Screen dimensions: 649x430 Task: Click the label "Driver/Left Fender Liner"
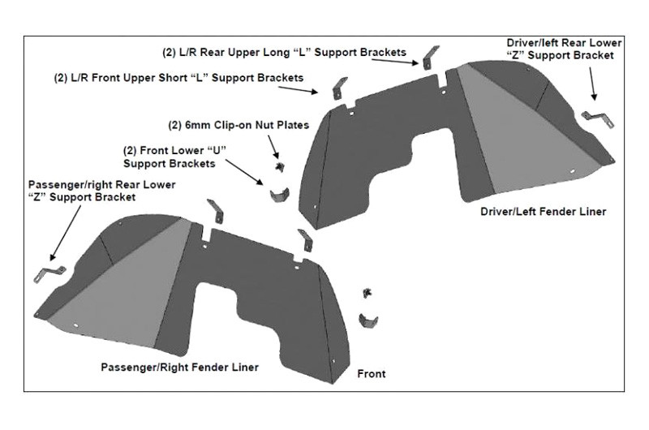pyautogui.click(x=543, y=212)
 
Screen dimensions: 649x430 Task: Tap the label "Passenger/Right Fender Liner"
pyautogui.click(x=179, y=367)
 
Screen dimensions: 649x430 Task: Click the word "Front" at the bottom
pyautogui.click(x=372, y=374)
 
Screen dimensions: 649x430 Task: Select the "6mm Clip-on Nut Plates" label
pyautogui.click(x=239, y=125)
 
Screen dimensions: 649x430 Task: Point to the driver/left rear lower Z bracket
pyautogui.click(x=598, y=118)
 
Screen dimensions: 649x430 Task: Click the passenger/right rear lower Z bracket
pyautogui.click(x=49, y=274)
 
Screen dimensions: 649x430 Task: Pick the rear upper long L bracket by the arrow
pyautogui.click(x=430, y=57)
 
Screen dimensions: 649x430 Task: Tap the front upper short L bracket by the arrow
pyautogui.click(x=340, y=88)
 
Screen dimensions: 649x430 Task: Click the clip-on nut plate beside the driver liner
pyautogui.click(x=280, y=167)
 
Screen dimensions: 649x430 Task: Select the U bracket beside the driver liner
pyautogui.click(x=279, y=195)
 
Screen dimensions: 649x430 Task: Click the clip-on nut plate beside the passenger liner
pyautogui.click(x=367, y=293)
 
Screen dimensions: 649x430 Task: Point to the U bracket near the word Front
pyautogui.click(x=368, y=320)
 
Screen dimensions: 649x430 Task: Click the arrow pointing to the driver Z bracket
pyautogui.click(x=591, y=84)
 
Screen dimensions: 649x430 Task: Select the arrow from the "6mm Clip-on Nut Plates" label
pyautogui.click(x=273, y=147)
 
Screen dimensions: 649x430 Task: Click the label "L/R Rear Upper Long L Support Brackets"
pyautogui.click(x=284, y=53)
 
